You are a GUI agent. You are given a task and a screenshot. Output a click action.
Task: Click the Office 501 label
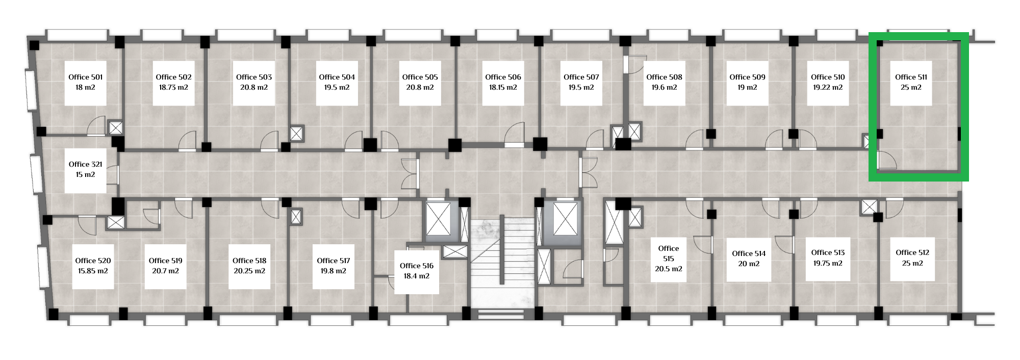coord(85,77)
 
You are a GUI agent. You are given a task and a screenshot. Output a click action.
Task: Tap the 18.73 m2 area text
coord(173,87)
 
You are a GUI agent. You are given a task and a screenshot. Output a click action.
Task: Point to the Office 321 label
coord(85,164)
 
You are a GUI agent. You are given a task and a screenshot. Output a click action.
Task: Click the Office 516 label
coord(417,266)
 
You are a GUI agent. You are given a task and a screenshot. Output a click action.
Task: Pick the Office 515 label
coord(669,253)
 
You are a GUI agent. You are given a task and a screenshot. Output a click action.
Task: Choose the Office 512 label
coord(912,252)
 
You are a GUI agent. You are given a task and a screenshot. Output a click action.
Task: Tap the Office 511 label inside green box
coord(911,77)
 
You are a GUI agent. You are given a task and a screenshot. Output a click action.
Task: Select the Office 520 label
coord(93,261)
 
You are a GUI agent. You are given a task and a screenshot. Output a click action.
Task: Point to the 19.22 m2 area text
coord(828,87)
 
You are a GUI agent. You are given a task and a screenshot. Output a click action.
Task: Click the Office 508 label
coord(664,77)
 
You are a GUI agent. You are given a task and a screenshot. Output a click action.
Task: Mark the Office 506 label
coord(503,77)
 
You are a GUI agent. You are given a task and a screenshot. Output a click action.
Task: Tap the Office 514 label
coord(749,253)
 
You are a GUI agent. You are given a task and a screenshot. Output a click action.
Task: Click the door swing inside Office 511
coord(887,160)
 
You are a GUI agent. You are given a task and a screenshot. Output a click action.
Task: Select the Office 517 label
coord(334,261)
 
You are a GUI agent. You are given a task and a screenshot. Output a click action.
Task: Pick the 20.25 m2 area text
coord(249,271)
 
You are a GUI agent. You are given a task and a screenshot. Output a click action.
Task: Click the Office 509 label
coord(747,77)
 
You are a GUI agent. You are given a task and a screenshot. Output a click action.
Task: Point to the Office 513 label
coord(828,252)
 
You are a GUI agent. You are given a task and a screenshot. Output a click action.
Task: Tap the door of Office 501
coord(96,126)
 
